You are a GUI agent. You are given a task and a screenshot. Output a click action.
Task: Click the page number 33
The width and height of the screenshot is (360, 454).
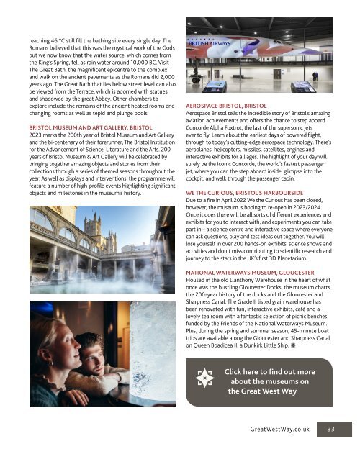click(x=330, y=428)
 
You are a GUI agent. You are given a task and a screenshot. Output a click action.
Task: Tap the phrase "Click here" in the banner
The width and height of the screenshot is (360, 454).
click(x=249, y=370)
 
